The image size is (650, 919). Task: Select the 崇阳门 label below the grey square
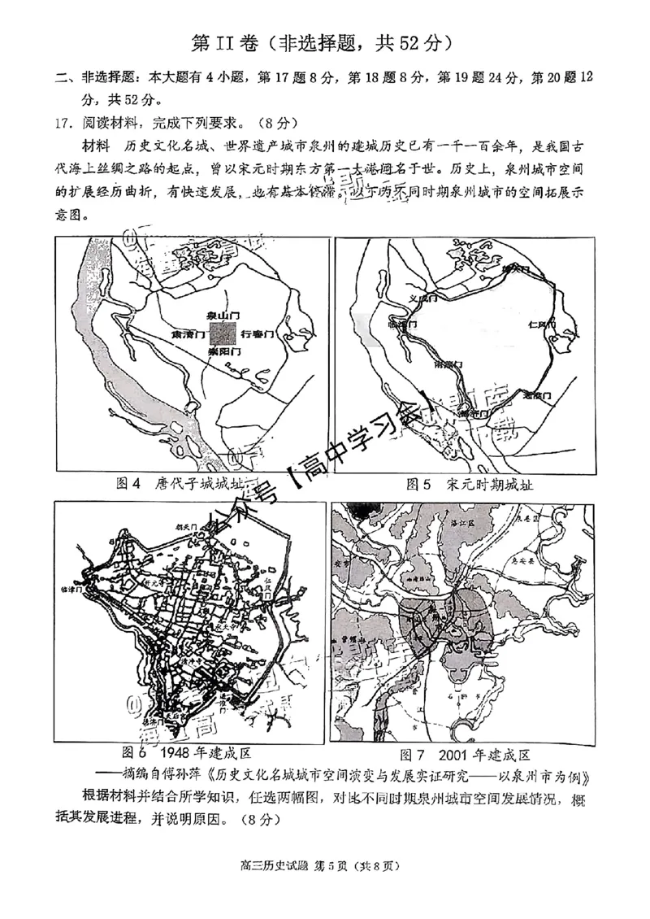222,354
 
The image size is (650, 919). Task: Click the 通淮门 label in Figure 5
537,394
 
